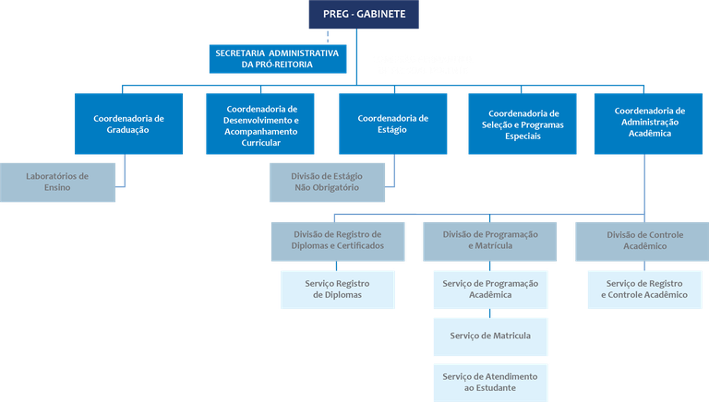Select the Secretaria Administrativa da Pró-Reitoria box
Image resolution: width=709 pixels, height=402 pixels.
[276, 58]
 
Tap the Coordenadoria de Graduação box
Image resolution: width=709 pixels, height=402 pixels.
[128, 124]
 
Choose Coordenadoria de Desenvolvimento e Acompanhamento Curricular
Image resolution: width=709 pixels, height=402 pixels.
[261, 124]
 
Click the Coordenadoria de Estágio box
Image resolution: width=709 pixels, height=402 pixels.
[392, 124]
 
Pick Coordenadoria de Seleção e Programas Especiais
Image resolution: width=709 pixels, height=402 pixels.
[523, 124]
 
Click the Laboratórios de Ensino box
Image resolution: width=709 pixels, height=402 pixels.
[57, 181]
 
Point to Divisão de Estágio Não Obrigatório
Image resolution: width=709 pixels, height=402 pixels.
[328, 181]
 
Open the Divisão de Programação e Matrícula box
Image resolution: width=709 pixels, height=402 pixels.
[490, 241]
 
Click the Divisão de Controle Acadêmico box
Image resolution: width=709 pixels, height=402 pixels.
[644, 241]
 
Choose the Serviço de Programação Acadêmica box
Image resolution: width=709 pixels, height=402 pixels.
[490, 289]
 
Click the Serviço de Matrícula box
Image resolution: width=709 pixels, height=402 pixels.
[490, 336]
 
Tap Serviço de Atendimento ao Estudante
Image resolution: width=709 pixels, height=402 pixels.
[490, 382]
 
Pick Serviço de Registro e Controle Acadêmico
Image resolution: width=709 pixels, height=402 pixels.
[644, 289]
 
